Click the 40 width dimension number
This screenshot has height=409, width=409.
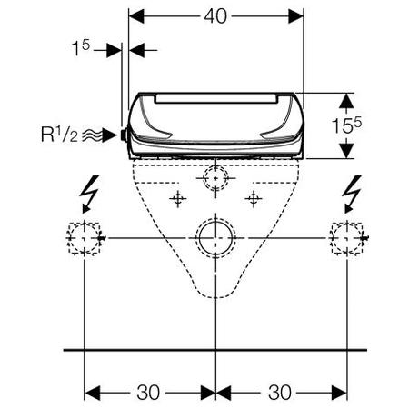click(x=215, y=16)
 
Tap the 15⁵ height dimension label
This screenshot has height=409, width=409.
click(x=346, y=125)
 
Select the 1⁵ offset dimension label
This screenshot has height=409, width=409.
click(x=81, y=48)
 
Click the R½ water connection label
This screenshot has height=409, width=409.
click(x=59, y=135)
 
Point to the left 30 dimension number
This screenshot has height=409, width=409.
click(x=148, y=393)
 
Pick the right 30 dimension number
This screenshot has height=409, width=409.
click(x=279, y=393)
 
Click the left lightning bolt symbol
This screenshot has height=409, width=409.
click(x=89, y=194)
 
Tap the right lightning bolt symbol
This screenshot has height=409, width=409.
click(x=352, y=194)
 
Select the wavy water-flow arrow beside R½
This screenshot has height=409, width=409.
click(x=99, y=135)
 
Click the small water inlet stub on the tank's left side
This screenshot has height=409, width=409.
click(x=124, y=135)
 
